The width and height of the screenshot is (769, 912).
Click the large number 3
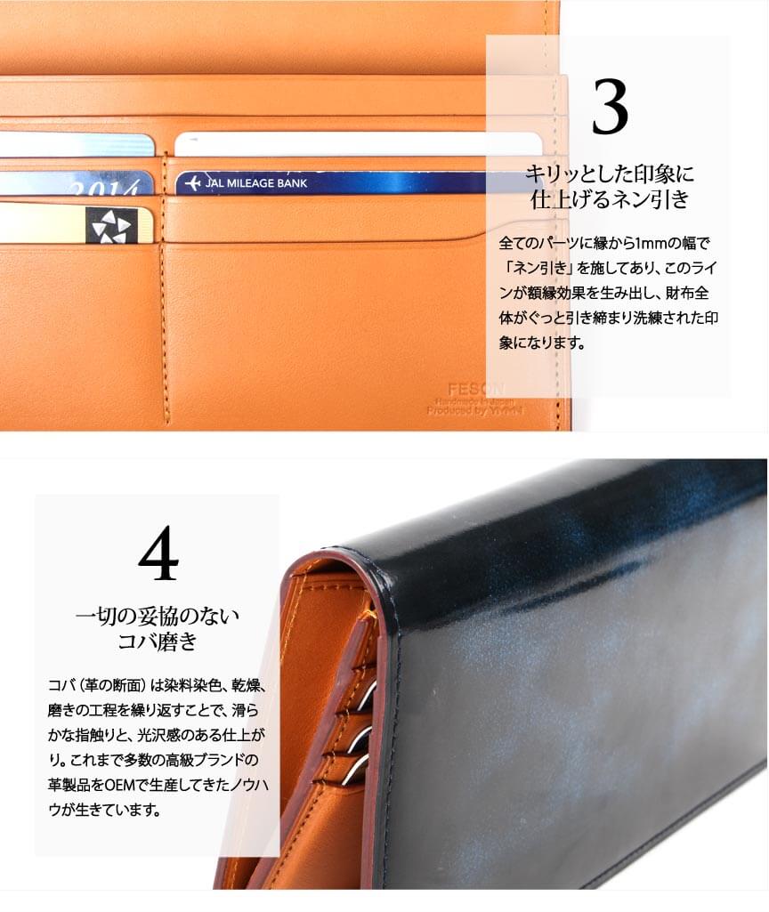click(610, 107)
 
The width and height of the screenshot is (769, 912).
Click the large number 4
click(158, 553)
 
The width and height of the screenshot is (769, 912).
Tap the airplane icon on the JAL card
click(192, 183)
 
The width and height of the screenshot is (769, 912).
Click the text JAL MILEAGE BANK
click(256, 183)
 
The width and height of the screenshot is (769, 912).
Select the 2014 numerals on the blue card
click(106, 187)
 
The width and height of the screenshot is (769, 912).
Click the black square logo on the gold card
click(111, 225)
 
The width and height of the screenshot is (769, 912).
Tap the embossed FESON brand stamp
click(476, 389)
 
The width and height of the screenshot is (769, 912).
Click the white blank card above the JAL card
click(359, 143)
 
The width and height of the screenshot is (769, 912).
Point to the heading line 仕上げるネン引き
click(609, 199)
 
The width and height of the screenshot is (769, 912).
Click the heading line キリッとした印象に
click(609, 174)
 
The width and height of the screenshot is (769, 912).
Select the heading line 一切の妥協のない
click(158, 616)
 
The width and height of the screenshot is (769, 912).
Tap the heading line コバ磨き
click(158, 641)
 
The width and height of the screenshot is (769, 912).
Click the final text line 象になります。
click(542, 343)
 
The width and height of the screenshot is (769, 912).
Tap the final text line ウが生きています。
click(104, 810)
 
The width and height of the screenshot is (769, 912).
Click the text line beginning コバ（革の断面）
click(157, 685)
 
